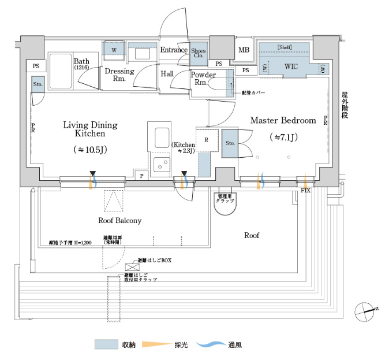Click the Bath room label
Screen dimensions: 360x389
(x=81, y=61)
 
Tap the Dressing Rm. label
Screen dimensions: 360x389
(x=119, y=75)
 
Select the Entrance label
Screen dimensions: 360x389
(x=174, y=50)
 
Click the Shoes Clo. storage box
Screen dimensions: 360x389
(x=199, y=54)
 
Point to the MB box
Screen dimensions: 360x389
(x=244, y=50)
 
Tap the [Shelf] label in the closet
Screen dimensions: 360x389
(x=285, y=46)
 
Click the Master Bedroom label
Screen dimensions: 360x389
(x=283, y=121)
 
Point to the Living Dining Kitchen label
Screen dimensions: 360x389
(x=89, y=129)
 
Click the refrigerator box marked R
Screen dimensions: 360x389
(x=207, y=140)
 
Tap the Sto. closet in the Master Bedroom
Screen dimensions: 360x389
(x=230, y=143)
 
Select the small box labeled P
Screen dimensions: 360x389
(x=141, y=175)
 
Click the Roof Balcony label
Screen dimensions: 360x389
(x=119, y=221)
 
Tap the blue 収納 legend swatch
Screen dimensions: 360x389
(x=106, y=345)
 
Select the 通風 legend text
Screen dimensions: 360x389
(x=234, y=345)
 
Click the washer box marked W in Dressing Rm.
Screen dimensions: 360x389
(x=114, y=51)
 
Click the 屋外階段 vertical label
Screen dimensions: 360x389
(x=345, y=105)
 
